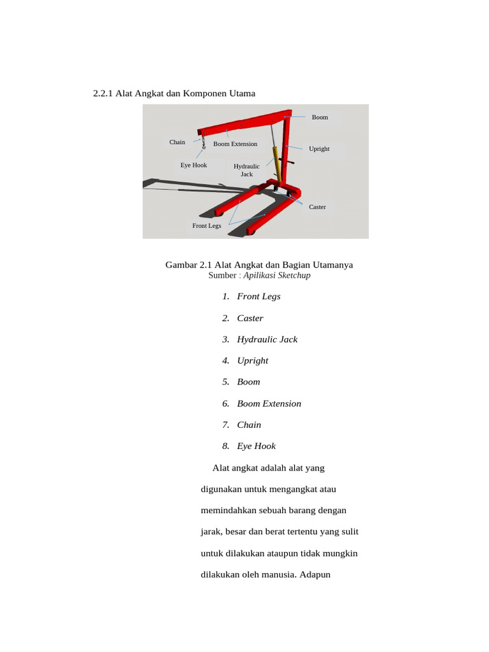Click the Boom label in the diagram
320,117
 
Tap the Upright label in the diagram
319,149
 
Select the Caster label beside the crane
317,207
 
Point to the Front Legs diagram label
207,226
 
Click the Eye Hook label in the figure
194,165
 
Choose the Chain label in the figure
177,142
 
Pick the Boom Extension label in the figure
235,144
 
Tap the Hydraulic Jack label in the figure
246,170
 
